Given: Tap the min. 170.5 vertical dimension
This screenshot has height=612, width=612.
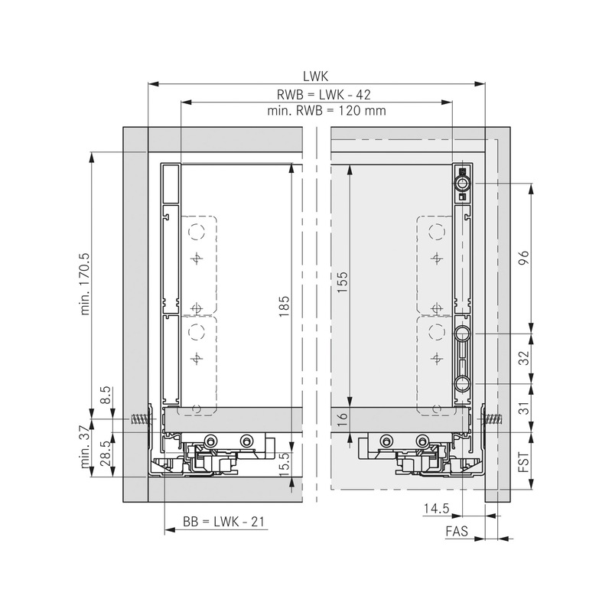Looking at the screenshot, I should coord(85,284).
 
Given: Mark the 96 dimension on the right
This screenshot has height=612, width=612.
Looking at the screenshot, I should coord(524,259).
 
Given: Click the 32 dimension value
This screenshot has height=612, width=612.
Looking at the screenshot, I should coord(524,357).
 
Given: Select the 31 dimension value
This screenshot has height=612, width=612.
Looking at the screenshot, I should coord(524,409).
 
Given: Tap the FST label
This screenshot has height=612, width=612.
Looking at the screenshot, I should coord(524,464).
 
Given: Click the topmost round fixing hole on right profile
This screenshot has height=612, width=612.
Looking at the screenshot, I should coord(461,184).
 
